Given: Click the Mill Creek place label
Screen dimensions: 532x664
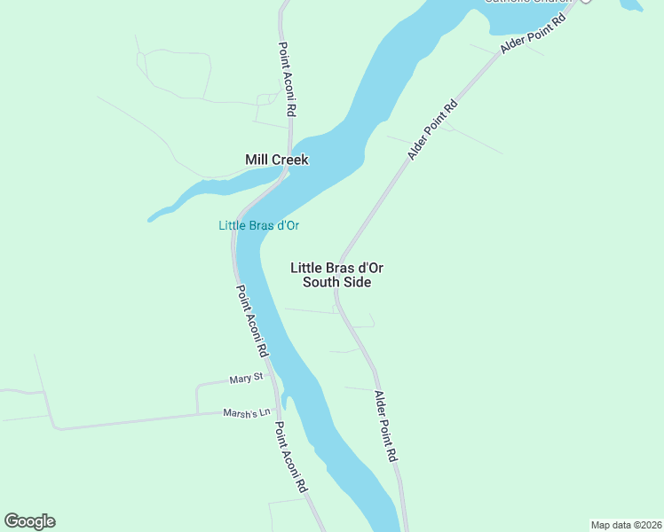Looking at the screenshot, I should coord(276,160).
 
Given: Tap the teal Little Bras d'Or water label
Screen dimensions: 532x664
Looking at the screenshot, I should coord(258,226).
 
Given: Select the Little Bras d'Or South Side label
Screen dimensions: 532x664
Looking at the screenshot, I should coord(336,275).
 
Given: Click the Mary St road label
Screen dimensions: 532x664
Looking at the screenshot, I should coord(246,379).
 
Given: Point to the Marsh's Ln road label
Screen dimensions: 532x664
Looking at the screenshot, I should coord(246,412).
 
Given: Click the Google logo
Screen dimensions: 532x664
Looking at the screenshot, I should coord(29,521).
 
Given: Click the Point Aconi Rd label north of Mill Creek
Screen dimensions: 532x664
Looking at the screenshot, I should coord(286,81).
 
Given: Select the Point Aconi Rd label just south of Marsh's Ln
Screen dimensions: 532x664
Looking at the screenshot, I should coord(290,457).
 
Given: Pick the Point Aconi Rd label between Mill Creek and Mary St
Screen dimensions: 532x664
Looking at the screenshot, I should coord(252,321).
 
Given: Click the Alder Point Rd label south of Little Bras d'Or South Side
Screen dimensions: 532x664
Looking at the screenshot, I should coord(385,426).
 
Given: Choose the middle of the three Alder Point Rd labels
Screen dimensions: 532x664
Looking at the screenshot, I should coord(432,129).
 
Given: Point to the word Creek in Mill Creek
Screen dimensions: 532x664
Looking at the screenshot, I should coord(290,160).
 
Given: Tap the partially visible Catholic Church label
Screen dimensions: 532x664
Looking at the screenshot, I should coord(524,2).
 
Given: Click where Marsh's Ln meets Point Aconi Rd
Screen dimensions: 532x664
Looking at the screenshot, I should coord(278,411).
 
